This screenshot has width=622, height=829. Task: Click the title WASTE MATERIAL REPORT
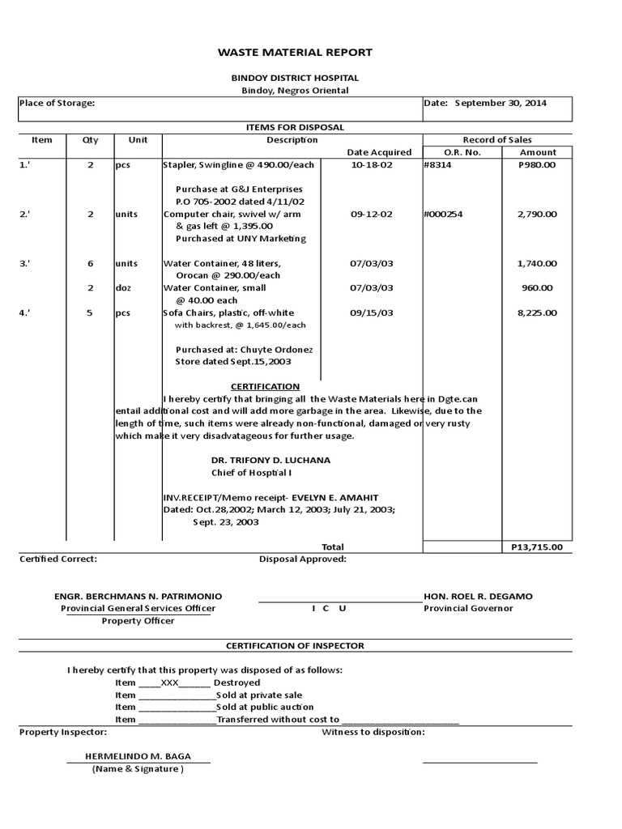coord(295,53)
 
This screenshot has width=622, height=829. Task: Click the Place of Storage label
coord(58,103)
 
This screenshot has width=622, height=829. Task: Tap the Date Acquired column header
coord(379,152)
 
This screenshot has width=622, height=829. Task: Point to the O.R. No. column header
coord(462,152)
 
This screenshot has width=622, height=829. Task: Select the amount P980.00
coord(537,165)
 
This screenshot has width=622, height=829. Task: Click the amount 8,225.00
coord(537,312)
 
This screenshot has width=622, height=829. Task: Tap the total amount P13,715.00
coord(536,547)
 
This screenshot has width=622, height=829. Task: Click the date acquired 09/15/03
coord(372,312)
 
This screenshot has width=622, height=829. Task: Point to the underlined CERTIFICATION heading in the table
coord(265,386)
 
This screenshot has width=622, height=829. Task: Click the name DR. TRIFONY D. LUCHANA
coord(271,460)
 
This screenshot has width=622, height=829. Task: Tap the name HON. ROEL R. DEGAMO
coord(479,597)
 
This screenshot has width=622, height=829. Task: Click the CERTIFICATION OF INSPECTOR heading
coord(295,645)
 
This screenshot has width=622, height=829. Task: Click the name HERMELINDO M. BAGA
coord(138,756)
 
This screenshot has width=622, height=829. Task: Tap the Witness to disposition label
coord(373,732)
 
